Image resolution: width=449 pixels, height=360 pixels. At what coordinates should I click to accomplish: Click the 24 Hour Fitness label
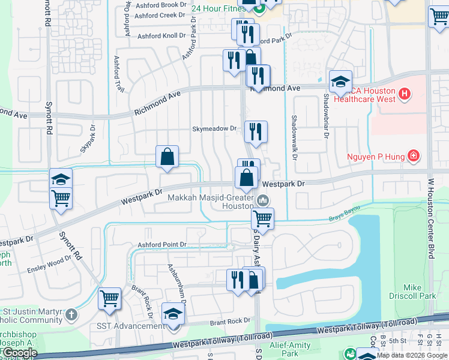click(219, 8)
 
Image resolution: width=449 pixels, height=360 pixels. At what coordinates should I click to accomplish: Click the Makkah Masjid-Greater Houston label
click(210, 201)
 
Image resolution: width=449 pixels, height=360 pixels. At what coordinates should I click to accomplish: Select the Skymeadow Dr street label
click(215, 128)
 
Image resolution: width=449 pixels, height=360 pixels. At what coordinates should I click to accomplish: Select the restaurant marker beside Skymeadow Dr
click(256, 131)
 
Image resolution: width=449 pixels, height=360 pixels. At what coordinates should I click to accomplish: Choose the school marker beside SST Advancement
click(173, 314)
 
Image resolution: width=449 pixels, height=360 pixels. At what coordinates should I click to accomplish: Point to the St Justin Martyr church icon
click(71, 314)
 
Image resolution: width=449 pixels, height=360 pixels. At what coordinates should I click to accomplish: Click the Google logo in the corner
click(20, 353)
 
